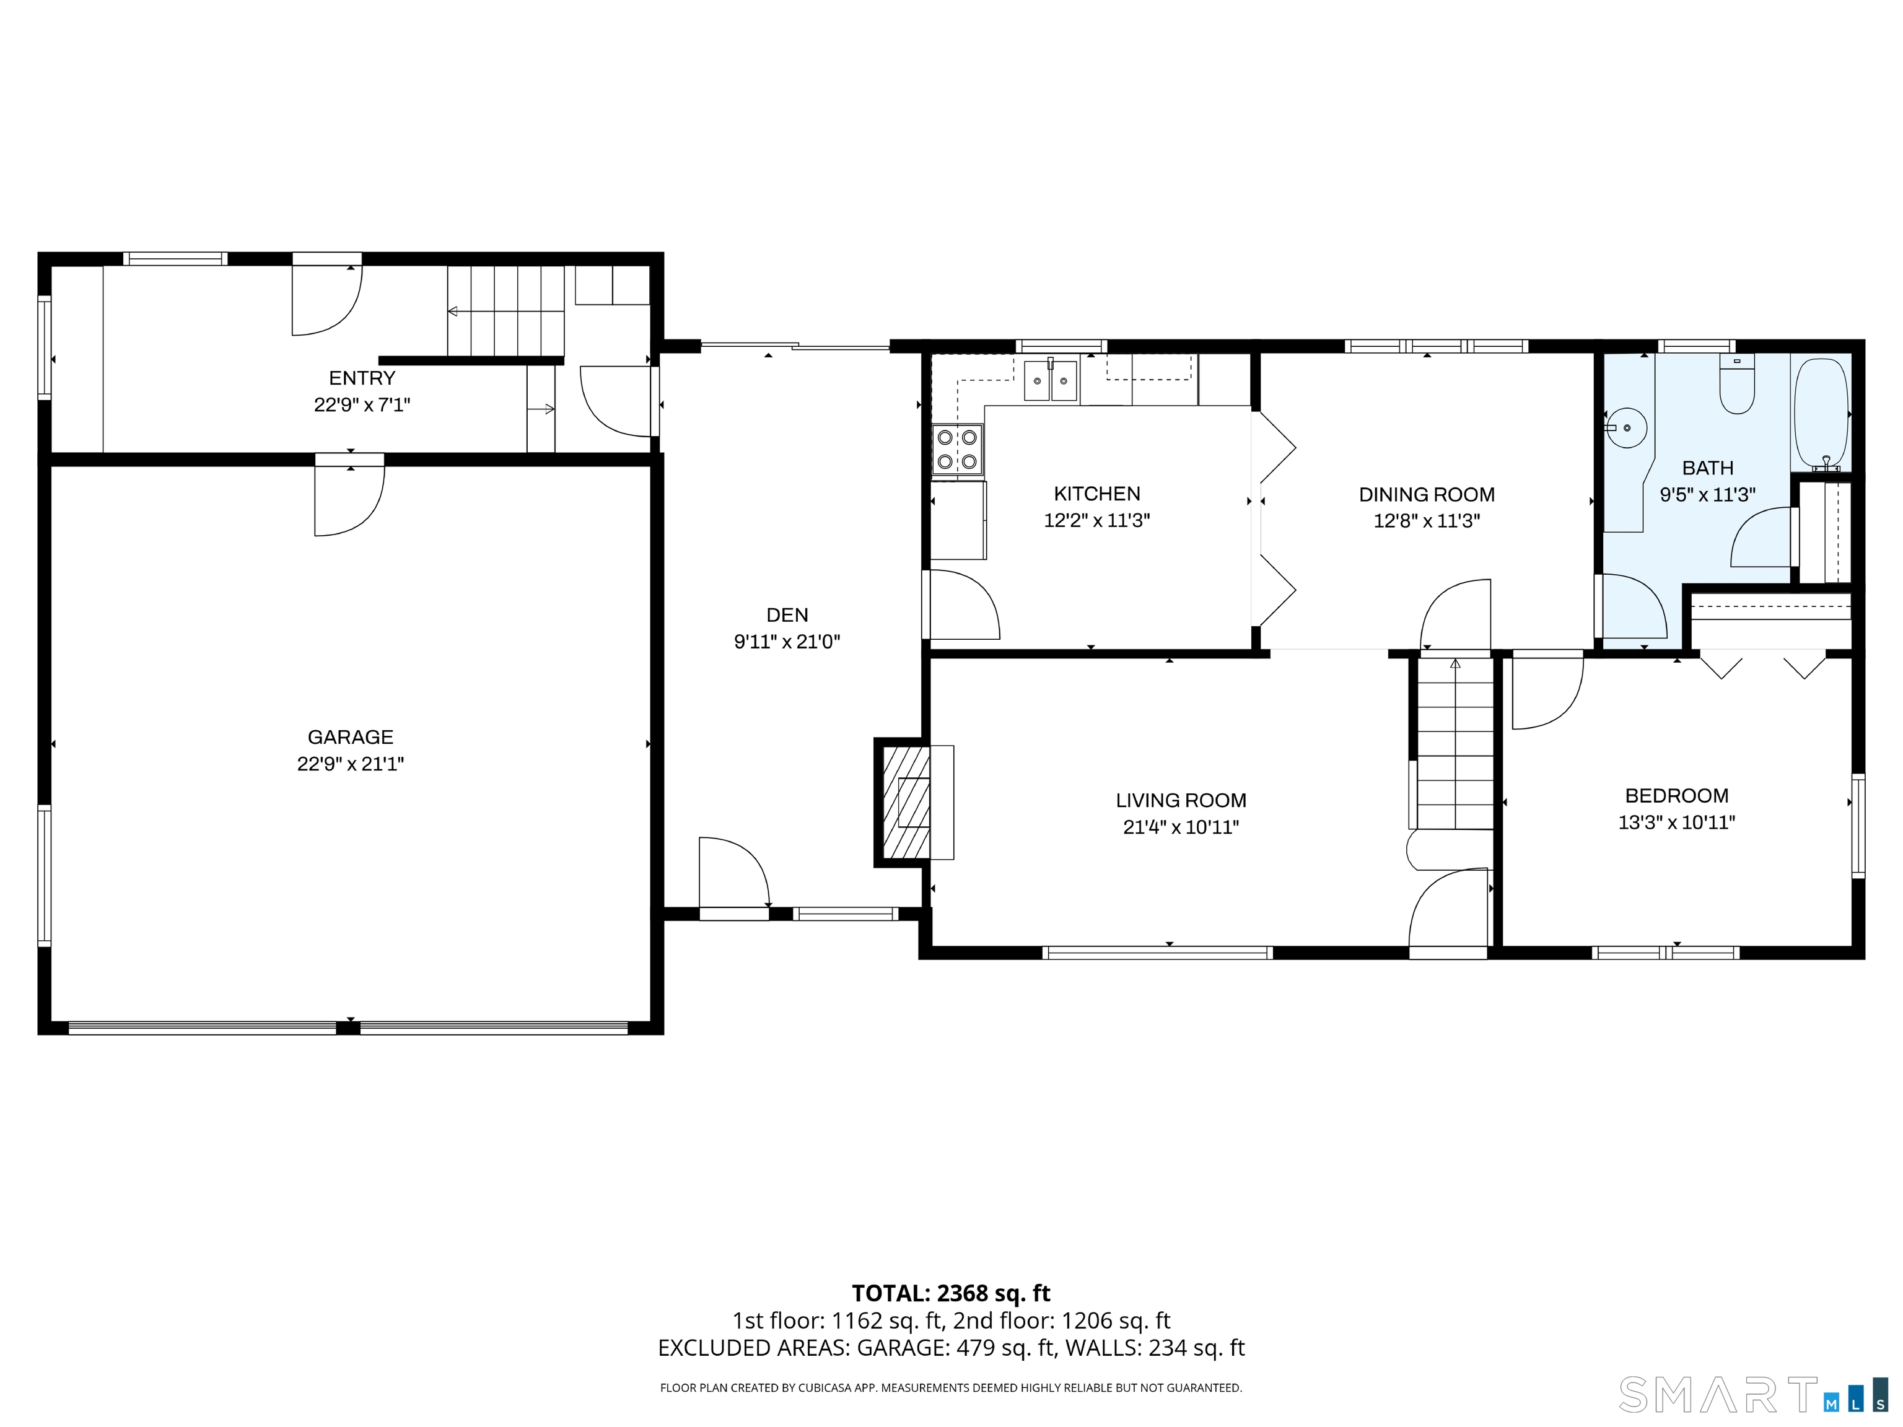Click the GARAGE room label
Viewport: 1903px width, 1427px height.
(x=350, y=737)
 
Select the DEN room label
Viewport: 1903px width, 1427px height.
(x=787, y=615)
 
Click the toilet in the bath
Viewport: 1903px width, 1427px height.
(x=1736, y=387)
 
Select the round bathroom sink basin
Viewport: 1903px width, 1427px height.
(x=1626, y=427)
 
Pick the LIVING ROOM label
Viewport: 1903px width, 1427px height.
(x=1180, y=801)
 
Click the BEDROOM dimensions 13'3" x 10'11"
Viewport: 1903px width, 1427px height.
(x=1676, y=823)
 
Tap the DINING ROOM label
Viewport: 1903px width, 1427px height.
(x=1427, y=495)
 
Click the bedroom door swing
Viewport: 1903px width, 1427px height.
(x=1546, y=692)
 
